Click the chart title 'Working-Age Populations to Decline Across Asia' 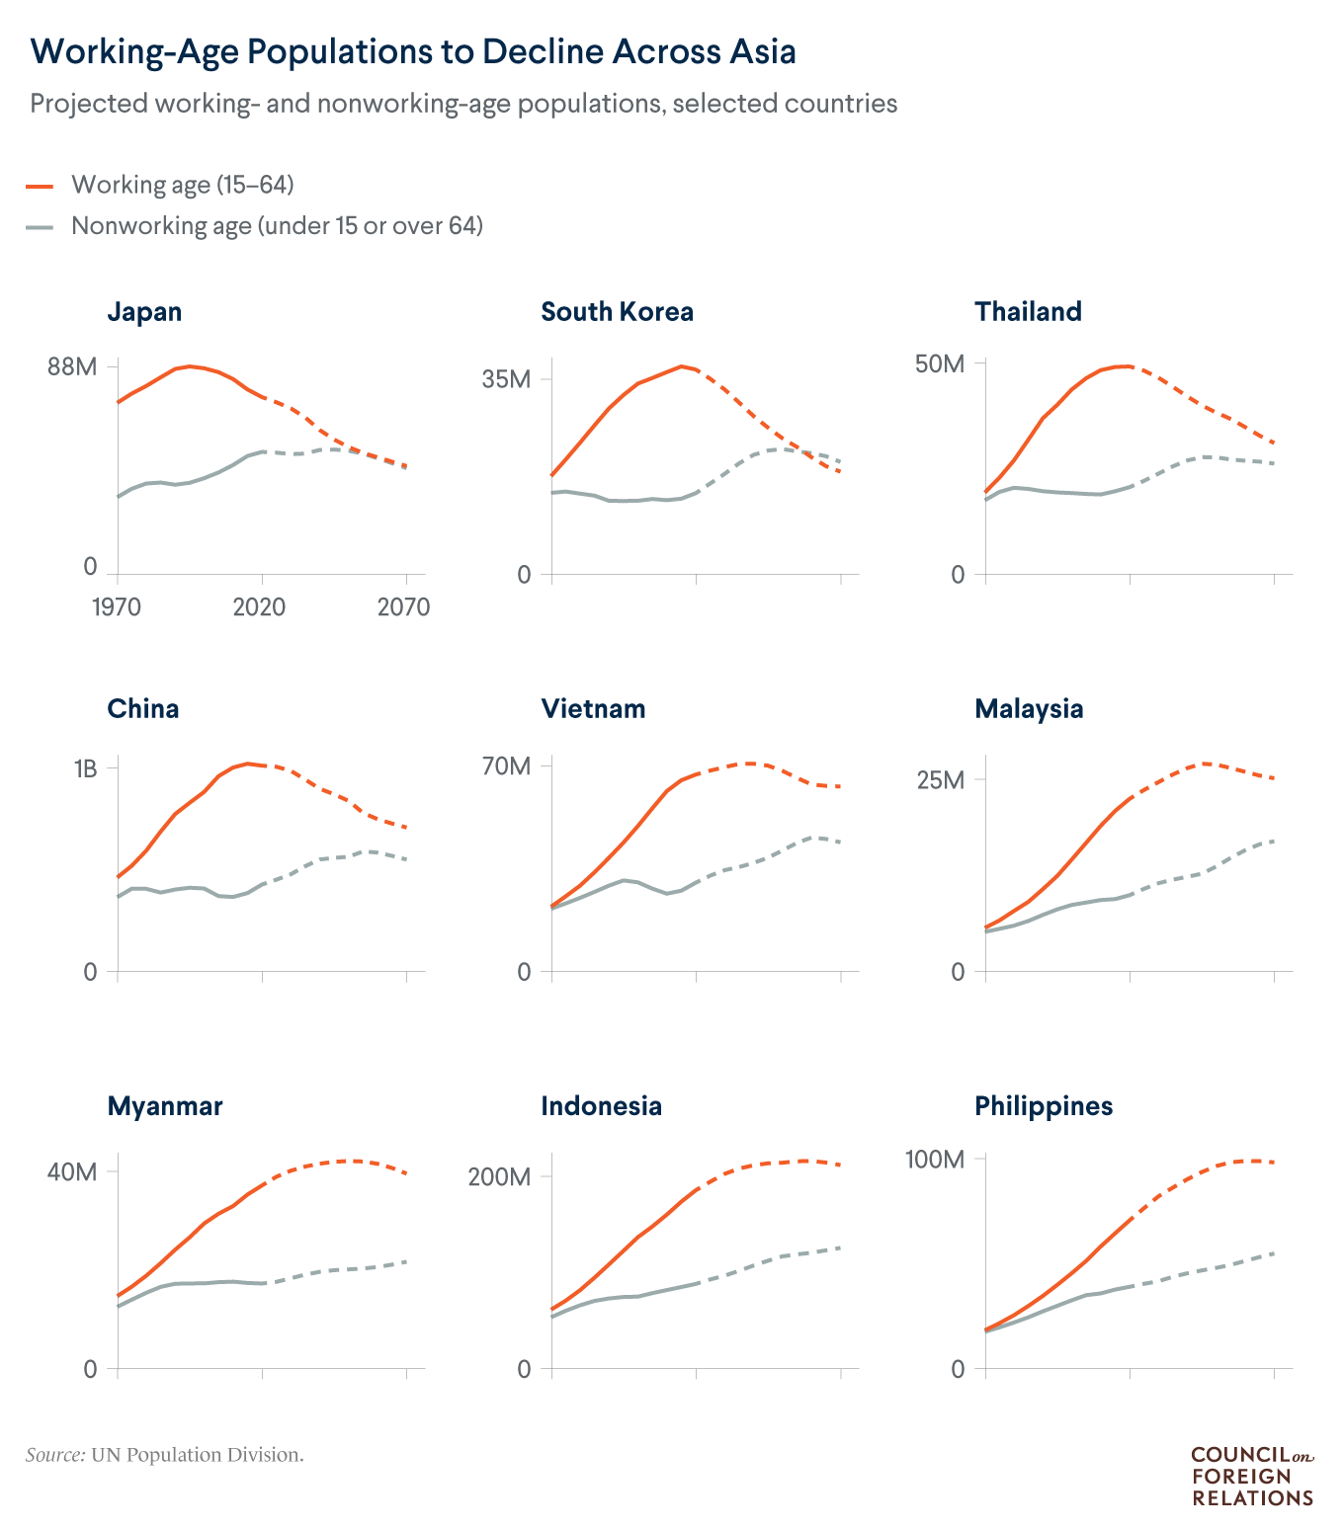click(413, 51)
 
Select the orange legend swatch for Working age click(40, 186)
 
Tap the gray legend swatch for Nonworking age click(40, 227)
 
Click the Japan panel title click(144, 312)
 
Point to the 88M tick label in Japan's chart click(72, 367)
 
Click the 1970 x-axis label click(117, 606)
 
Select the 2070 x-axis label click(403, 606)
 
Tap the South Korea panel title click(617, 312)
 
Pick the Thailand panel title click(1028, 312)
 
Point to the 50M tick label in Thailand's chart click(939, 364)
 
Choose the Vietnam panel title click(593, 709)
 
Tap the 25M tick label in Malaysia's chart click(939, 780)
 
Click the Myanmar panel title click(165, 1106)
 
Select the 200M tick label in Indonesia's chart click(499, 1177)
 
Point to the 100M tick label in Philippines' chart click(935, 1160)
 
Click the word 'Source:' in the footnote click(55, 1455)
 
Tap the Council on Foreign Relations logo click(1252, 1476)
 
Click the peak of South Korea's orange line click(681, 365)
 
